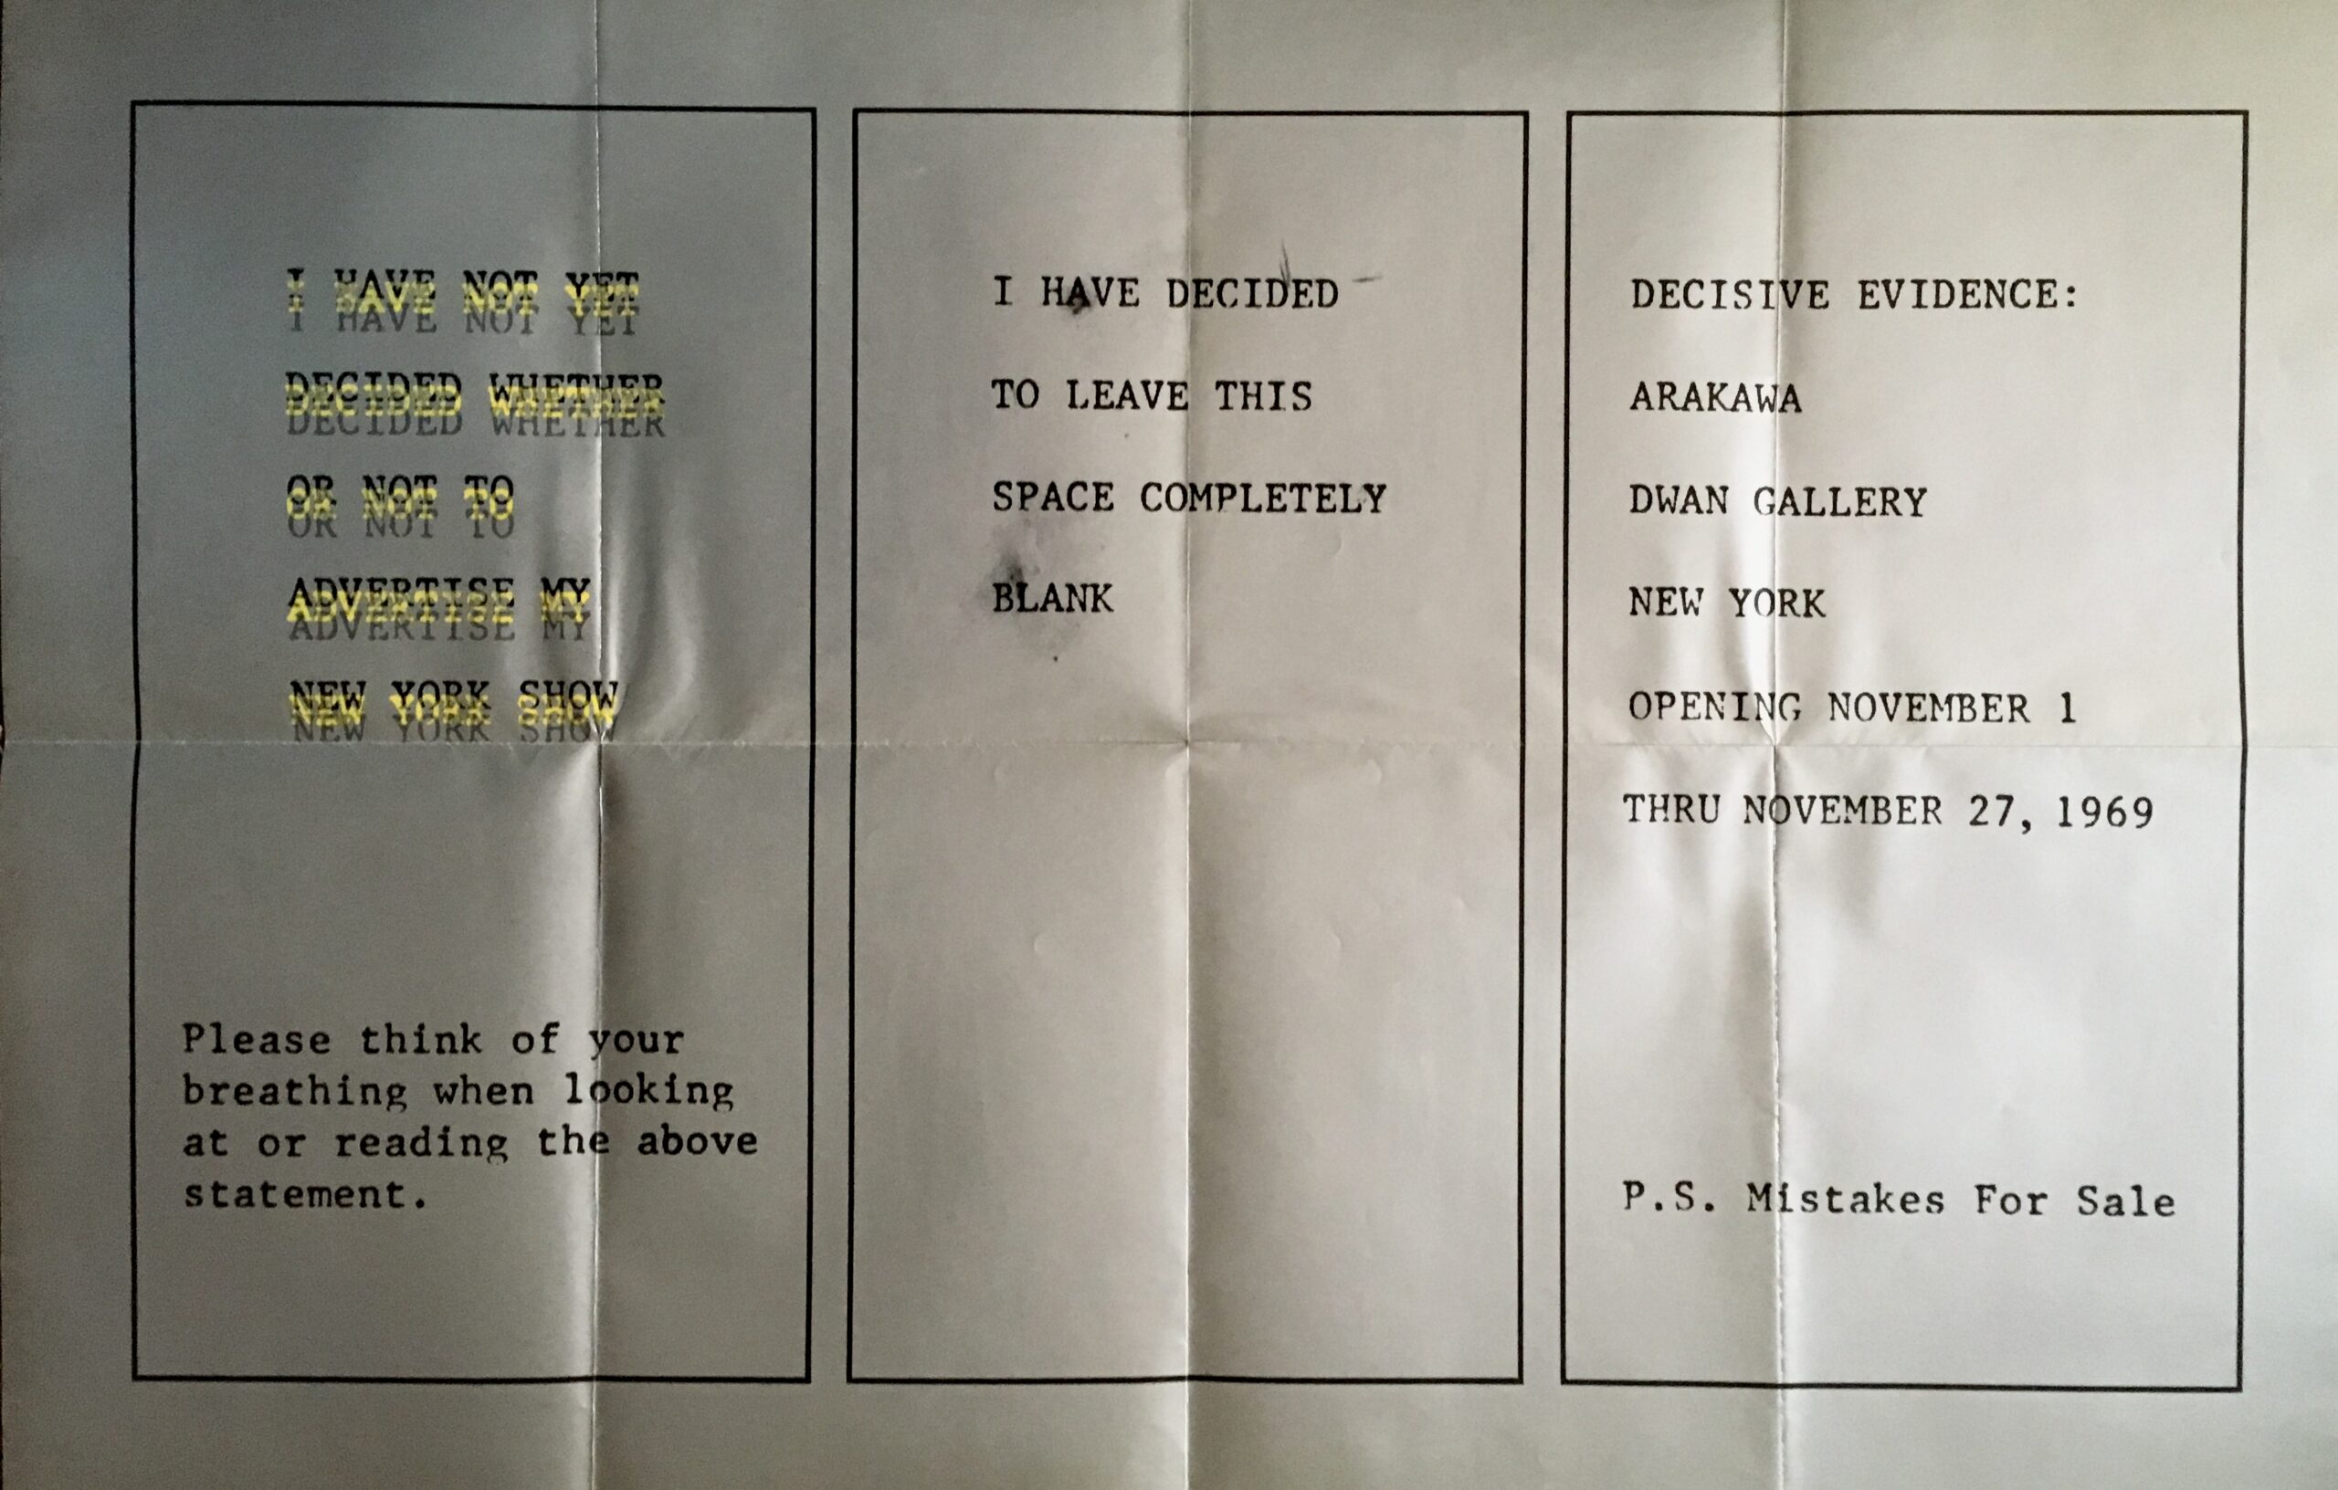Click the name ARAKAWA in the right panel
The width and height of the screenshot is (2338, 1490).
(1716, 398)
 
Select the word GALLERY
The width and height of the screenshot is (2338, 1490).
(1840, 502)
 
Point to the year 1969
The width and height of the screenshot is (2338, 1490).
(2105, 813)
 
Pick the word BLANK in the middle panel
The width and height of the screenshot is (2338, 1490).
(1052, 599)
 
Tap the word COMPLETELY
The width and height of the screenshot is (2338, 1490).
(1263, 498)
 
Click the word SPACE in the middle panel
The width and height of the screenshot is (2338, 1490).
(1052, 497)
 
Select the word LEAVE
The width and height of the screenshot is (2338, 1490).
(1126, 396)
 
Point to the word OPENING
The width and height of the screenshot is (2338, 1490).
(1714, 708)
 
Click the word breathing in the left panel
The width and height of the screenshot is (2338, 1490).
(295, 1092)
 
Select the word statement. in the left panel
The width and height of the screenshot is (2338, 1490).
(306, 1194)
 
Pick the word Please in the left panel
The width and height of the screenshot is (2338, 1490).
(257, 1040)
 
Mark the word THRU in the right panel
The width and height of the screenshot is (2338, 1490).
(1672, 810)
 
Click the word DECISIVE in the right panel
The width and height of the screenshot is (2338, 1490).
(1730, 294)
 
